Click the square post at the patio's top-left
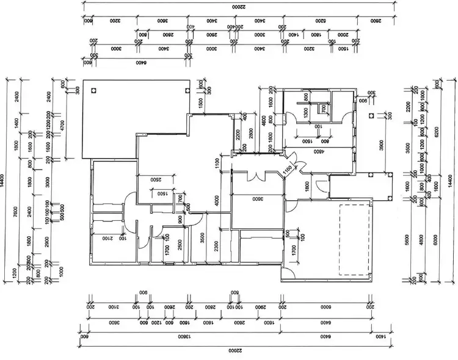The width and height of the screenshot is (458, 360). (x=93, y=90)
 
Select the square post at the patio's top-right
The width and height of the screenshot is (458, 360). (x=187, y=90)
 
